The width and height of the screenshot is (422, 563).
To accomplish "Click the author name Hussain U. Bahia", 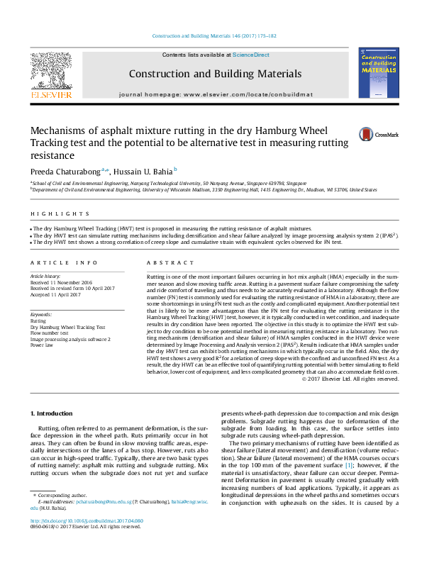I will coord(144,170).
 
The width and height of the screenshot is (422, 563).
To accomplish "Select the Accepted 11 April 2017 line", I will coord(60,294).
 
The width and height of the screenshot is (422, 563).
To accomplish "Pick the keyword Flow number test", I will coord(54,333).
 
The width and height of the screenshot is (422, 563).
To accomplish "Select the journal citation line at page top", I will coord(211,35).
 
